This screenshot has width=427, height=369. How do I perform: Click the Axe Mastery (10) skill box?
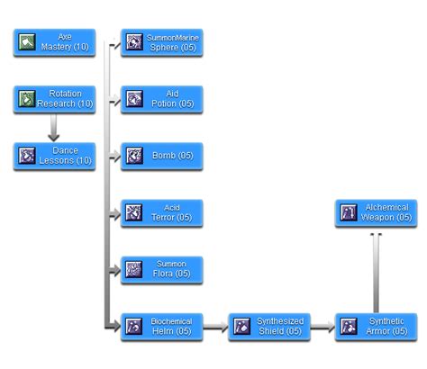pyautogui.click(x=54, y=41)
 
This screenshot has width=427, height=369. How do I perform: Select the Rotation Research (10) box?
pyautogui.click(x=54, y=99)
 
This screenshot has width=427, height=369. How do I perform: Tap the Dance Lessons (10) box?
pyautogui.click(x=54, y=156)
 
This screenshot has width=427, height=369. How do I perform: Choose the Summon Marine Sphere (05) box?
pyautogui.click(x=162, y=41)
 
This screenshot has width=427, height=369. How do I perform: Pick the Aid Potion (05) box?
pyautogui.click(x=162, y=99)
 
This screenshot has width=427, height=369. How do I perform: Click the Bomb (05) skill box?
pyautogui.click(x=162, y=156)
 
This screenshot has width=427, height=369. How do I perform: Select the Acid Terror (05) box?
pyautogui.click(x=162, y=212)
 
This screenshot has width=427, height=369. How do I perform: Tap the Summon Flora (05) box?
pyautogui.click(x=162, y=269)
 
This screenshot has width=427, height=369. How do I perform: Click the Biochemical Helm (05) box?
pyautogui.click(x=162, y=326)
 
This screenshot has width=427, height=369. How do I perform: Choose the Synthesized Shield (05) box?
pyautogui.click(x=269, y=326)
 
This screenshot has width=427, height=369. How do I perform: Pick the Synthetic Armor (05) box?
pyautogui.click(x=376, y=326)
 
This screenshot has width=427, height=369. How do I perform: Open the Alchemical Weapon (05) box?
pyautogui.click(x=376, y=212)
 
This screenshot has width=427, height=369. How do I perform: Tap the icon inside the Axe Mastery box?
pyautogui.click(x=27, y=41)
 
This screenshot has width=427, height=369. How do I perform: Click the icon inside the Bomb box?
pyautogui.click(x=134, y=157)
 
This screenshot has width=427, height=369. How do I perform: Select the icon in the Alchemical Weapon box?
pyautogui.click(x=349, y=213)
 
